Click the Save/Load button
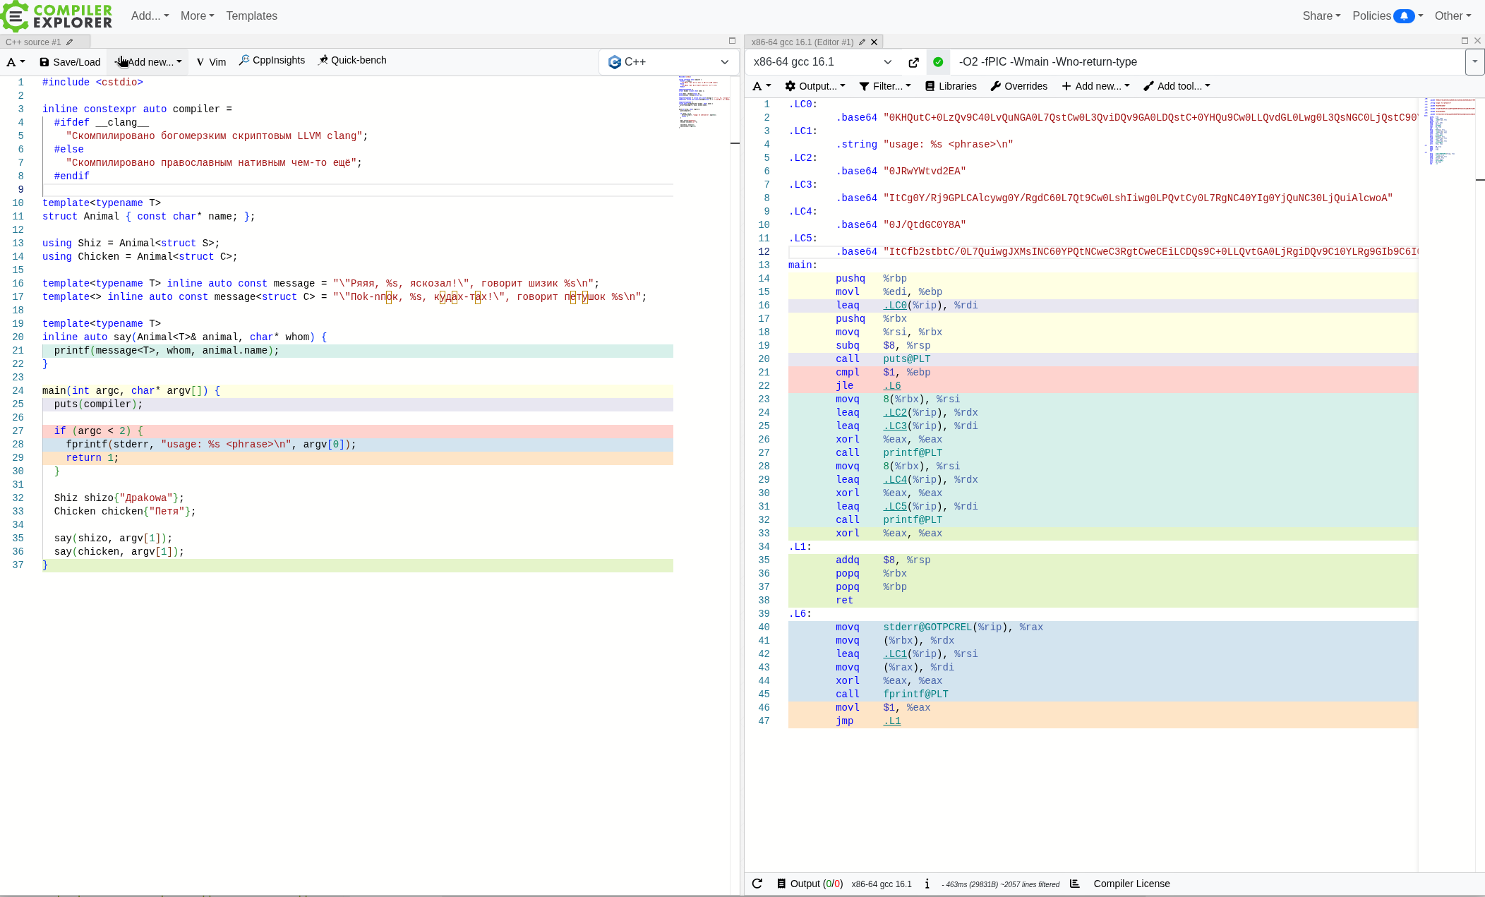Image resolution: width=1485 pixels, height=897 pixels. click(x=70, y=62)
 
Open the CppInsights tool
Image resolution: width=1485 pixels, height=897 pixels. click(x=272, y=60)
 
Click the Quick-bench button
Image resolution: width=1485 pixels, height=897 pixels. click(x=352, y=60)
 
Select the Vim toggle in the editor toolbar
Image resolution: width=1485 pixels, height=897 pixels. click(x=211, y=62)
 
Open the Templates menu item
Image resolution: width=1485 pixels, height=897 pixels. click(x=251, y=16)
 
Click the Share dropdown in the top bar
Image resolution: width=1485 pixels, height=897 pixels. click(x=1321, y=16)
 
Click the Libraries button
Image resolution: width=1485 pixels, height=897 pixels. click(x=951, y=86)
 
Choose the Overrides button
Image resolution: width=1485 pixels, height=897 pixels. click(x=1018, y=86)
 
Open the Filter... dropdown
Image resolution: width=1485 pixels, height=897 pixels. click(x=885, y=86)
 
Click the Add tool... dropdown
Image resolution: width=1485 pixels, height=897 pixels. click(x=1177, y=86)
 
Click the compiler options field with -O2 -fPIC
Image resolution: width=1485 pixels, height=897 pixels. click(x=1207, y=62)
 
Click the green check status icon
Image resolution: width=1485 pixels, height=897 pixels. click(x=938, y=62)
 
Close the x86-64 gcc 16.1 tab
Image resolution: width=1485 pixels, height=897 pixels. click(x=874, y=42)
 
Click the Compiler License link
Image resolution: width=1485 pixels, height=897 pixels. click(x=1131, y=884)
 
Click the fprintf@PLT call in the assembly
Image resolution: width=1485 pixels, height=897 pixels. click(x=915, y=694)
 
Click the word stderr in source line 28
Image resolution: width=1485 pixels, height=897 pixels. click(x=131, y=444)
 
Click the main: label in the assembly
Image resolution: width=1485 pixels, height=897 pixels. click(x=802, y=265)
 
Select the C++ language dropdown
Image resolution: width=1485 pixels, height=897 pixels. click(x=668, y=62)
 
